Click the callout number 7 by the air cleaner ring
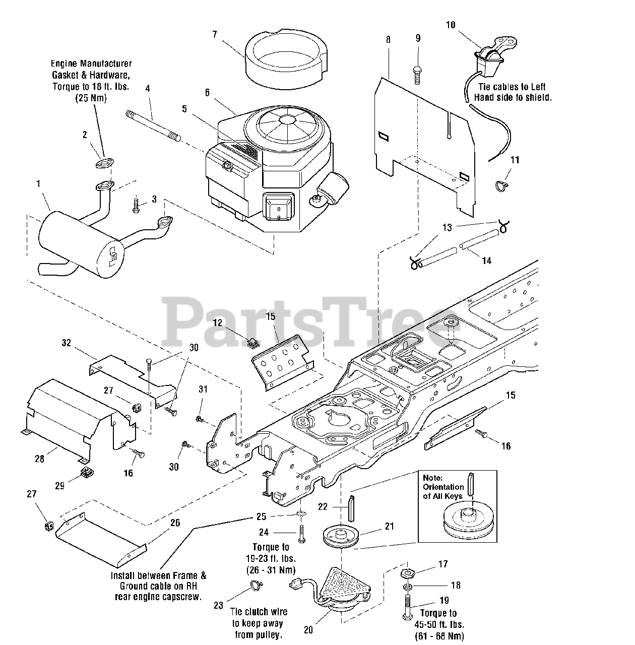pyautogui.click(x=214, y=34)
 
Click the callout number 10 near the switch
pyautogui.click(x=451, y=25)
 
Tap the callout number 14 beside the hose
pyautogui.click(x=486, y=261)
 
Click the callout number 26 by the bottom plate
pyautogui.click(x=175, y=523)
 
